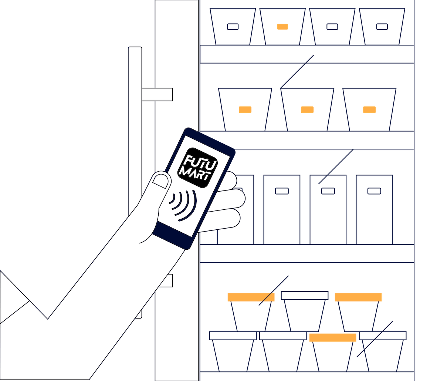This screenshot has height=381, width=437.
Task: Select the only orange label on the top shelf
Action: pos(282,27)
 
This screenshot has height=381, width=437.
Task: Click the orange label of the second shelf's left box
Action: pos(245,109)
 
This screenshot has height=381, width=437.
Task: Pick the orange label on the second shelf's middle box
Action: pos(307,109)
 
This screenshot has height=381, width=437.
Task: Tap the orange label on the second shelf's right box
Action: pos(369,109)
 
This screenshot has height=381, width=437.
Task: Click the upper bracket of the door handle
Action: pos(157,94)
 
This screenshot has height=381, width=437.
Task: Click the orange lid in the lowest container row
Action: pos(333,337)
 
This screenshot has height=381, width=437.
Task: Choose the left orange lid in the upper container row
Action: pos(251,297)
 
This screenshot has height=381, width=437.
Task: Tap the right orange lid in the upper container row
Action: pos(358,297)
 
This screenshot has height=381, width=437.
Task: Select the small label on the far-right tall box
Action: pos(374,191)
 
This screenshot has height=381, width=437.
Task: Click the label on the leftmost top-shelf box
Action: pos(233,27)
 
